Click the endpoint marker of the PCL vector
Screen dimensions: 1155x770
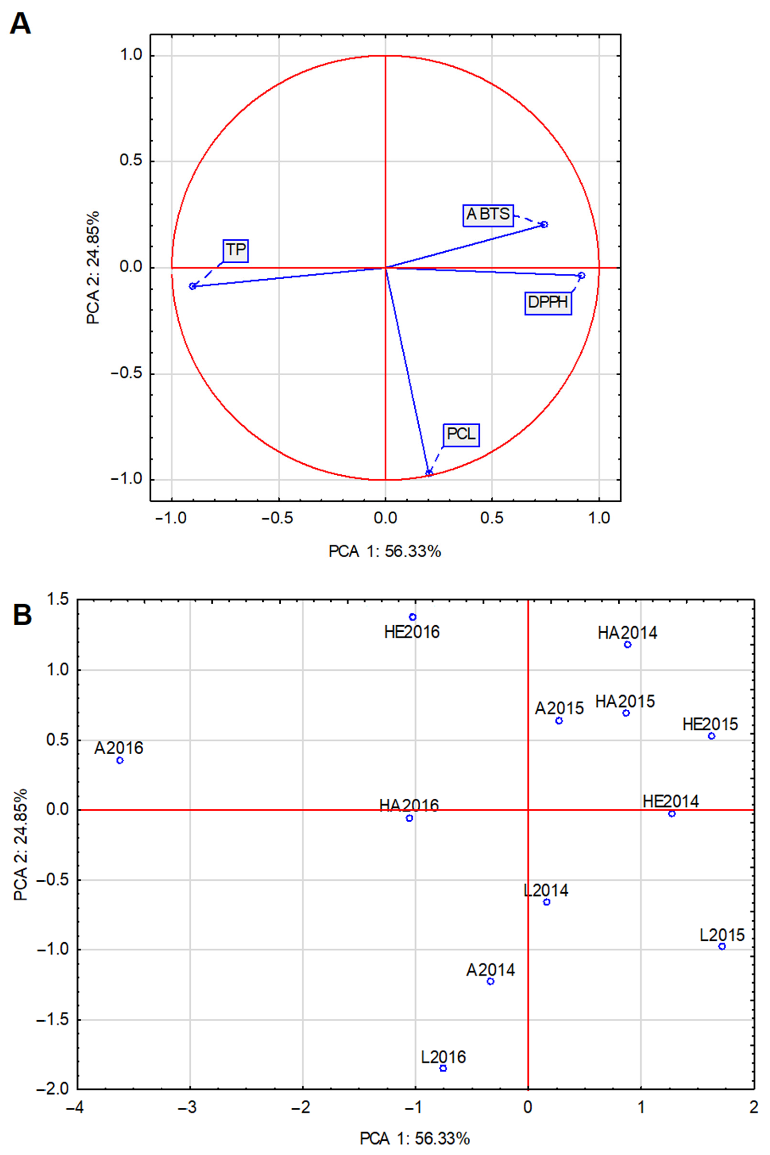pyautogui.click(x=429, y=472)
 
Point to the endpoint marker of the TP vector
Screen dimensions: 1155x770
pyautogui.click(x=192, y=286)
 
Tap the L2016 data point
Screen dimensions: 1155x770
pyautogui.click(x=443, y=1068)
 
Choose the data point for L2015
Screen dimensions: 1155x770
pyautogui.click(x=722, y=946)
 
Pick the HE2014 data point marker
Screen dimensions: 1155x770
pyautogui.click(x=672, y=814)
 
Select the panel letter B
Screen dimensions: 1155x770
pyautogui.click(x=22, y=615)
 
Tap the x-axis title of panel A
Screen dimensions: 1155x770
pyautogui.click(x=385, y=552)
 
